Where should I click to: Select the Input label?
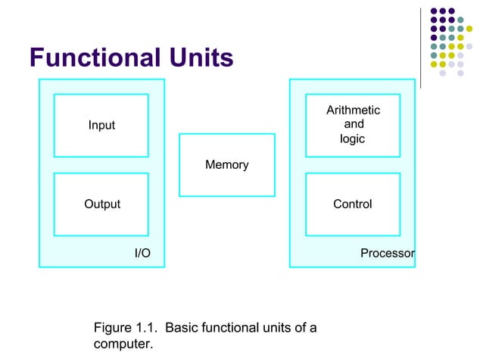tap(101, 125)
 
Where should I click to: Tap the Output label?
tap(101, 204)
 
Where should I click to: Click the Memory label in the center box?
tap(227, 164)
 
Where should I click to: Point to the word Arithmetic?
tap(353, 111)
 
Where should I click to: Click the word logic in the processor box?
tap(352, 139)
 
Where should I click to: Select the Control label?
tap(353, 204)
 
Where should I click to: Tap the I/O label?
tap(142, 253)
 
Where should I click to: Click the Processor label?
tap(387, 253)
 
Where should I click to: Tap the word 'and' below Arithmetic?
tap(354, 124)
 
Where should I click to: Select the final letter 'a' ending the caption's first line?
tap(313, 329)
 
